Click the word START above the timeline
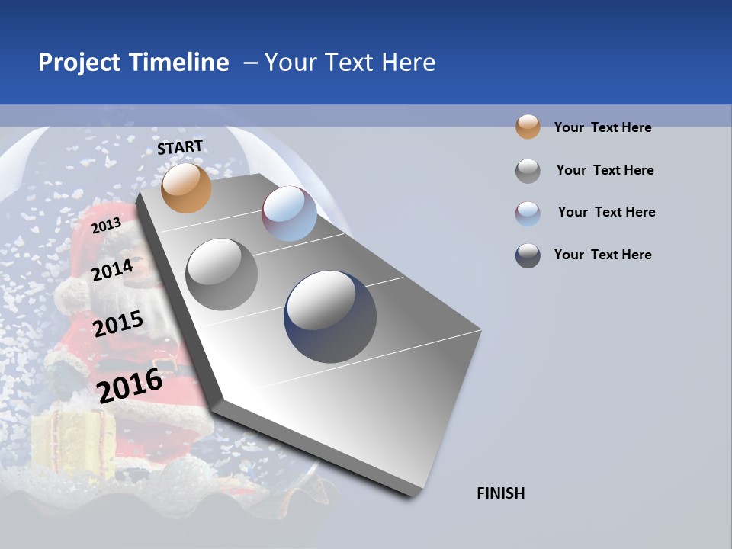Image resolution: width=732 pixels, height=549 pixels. point(180,147)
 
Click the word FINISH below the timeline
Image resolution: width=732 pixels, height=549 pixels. point(500,493)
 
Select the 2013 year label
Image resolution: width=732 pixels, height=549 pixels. point(106,225)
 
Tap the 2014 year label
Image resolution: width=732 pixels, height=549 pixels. point(112,270)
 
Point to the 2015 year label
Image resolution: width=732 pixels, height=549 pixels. point(117,324)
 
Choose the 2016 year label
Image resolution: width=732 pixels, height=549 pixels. point(130,385)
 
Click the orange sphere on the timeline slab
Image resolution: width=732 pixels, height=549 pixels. point(186,188)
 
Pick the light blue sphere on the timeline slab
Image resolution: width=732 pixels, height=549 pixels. point(289,213)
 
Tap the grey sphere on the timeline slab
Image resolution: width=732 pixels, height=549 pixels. point(221,274)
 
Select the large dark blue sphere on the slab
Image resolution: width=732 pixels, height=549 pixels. point(330,316)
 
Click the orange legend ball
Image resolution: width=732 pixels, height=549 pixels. point(528,127)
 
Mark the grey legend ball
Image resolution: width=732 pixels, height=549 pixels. point(528,170)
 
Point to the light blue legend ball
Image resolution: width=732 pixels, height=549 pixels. point(528,213)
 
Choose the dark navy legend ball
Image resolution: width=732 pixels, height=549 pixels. point(528,255)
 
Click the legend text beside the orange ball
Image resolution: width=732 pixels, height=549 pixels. point(602,127)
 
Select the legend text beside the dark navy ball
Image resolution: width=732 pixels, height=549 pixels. point(602,255)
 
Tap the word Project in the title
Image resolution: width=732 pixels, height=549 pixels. point(79,63)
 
